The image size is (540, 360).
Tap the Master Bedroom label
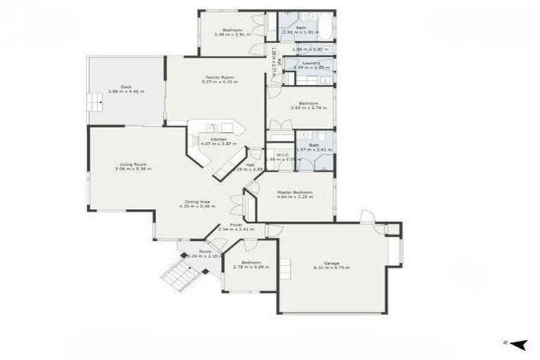click(x=294, y=193)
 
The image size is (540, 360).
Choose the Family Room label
click(x=219, y=77)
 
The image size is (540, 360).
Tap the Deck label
click(x=126, y=86)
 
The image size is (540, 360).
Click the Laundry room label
click(x=311, y=63)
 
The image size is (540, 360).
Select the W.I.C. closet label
click(x=283, y=155)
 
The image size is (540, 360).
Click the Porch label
click(x=205, y=251)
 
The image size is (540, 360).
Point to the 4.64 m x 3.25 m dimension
click(x=294, y=198)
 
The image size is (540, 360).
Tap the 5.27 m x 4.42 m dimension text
click(x=219, y=82)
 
